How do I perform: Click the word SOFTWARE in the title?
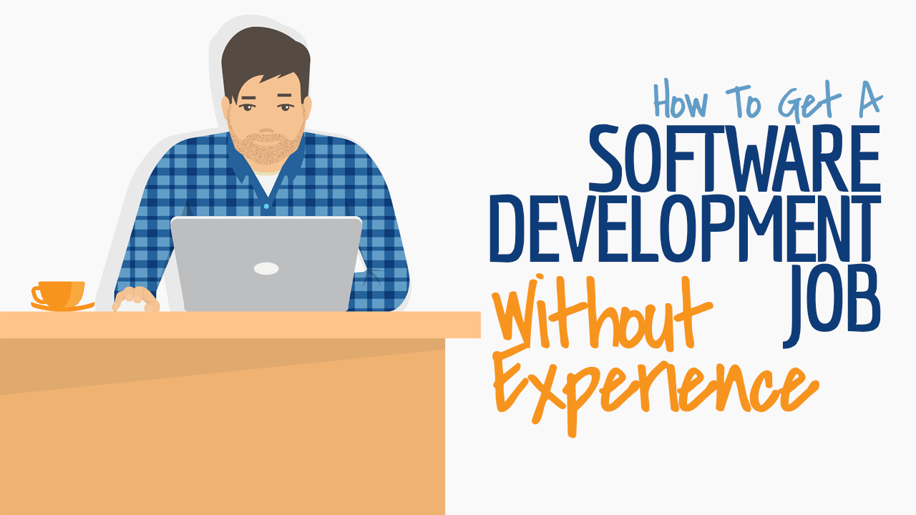pos(734,159)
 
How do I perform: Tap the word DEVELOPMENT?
pos(686,228)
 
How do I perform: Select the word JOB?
pos(832,308)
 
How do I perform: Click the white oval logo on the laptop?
pos(266,268)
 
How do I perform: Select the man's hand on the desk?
pos(136,300)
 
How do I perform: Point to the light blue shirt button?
pos(266,207)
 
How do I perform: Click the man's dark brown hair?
pos(265,62)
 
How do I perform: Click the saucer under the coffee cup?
pos(62,307)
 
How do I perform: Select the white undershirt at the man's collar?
pos(267,182)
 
